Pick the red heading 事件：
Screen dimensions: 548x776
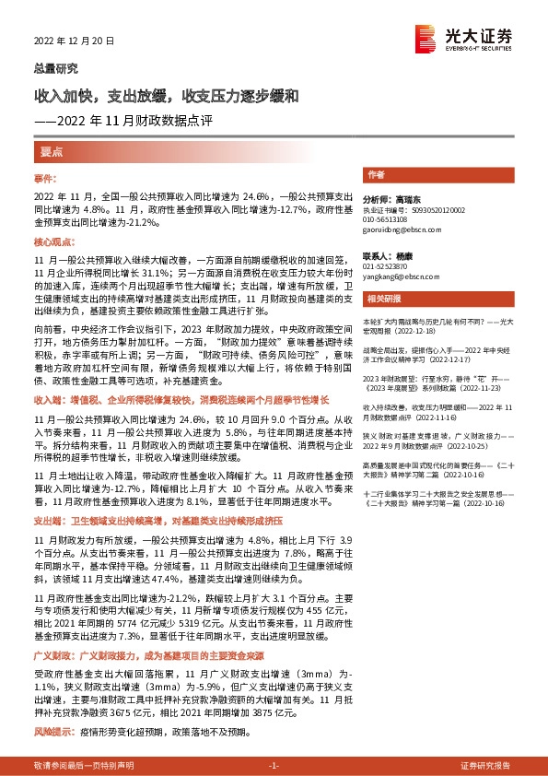coord(46,177)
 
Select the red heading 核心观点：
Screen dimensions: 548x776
coord(53,241)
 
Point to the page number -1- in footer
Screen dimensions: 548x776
coord(273,765)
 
